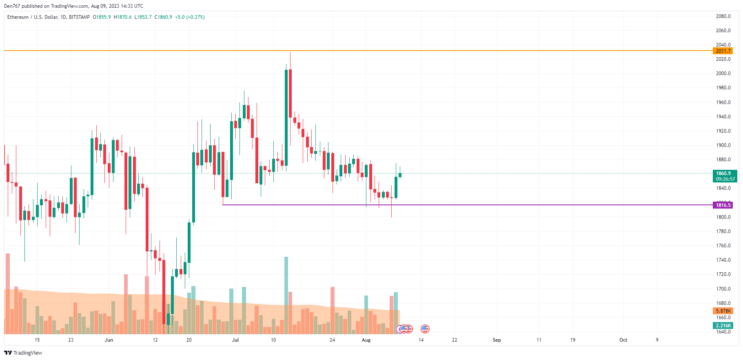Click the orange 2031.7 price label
coord(723,51)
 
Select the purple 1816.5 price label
coord(723,205)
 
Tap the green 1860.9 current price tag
coord(724,173)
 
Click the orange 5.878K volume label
coord(723,311)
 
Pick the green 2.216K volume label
coord(723,326)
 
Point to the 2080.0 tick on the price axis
coord(723,16)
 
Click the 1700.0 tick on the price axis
coord(723,289)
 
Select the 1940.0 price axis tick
coord(723,117)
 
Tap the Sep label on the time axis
coord(497,340)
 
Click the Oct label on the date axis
coord(623,340)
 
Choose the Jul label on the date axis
coord(235,340)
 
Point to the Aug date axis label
coord(366,340)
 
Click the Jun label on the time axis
coord(109,340)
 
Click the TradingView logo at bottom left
coord(23,353)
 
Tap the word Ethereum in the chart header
coord(18,17)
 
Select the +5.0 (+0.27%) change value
coord(190,17)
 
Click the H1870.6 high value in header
coord(123,17)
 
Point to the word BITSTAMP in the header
coord(80,17)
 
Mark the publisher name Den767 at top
coord(12,6)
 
